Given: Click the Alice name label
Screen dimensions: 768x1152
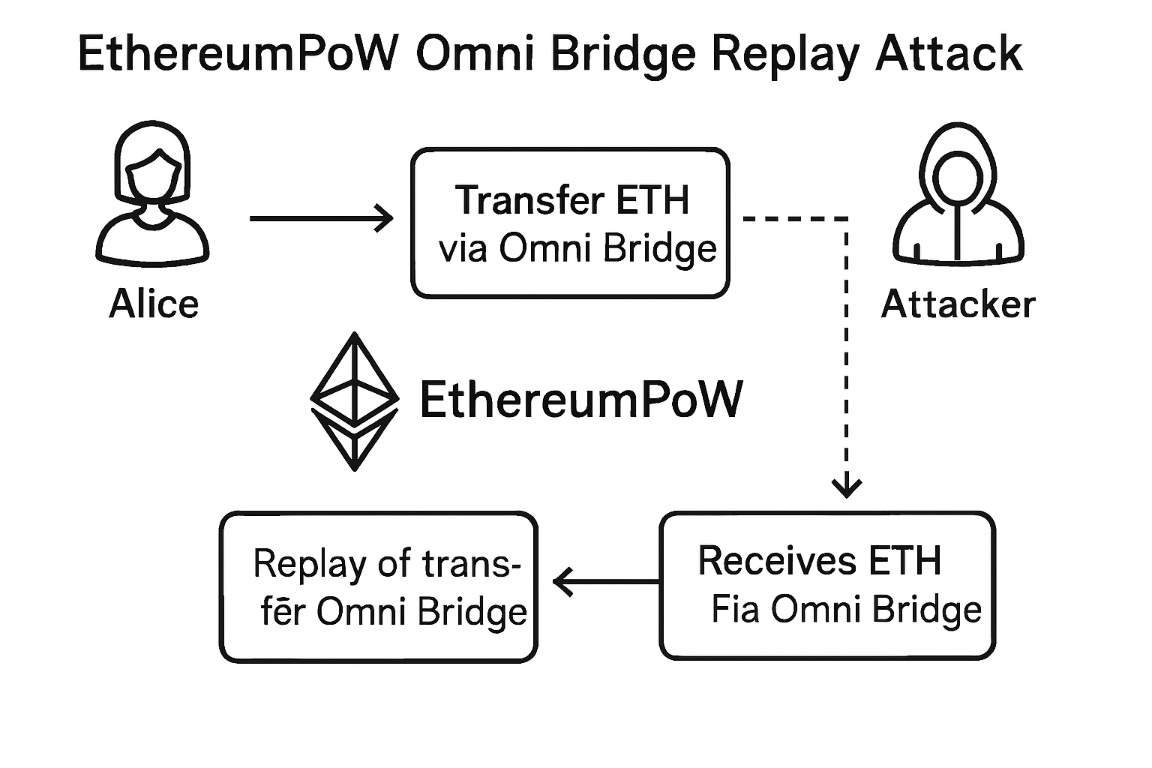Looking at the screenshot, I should tap(154, 304).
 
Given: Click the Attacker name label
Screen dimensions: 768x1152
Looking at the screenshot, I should tap(958, 304).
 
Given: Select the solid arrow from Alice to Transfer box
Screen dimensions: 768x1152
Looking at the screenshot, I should tap(321, 218).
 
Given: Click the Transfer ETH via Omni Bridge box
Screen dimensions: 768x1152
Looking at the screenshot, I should tap(570, 223).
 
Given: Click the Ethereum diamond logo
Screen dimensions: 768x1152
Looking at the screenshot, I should tap(354, 401).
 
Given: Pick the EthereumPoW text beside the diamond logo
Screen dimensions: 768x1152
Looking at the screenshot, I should tap(581, 399).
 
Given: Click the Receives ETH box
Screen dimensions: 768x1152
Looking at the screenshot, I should tap(827, 585).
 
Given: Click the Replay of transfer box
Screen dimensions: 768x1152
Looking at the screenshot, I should tap(379, 587).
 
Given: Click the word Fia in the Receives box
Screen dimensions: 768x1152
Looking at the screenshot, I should tap(736, 610).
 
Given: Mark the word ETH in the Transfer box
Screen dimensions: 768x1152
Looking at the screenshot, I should tap(652, 200).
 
